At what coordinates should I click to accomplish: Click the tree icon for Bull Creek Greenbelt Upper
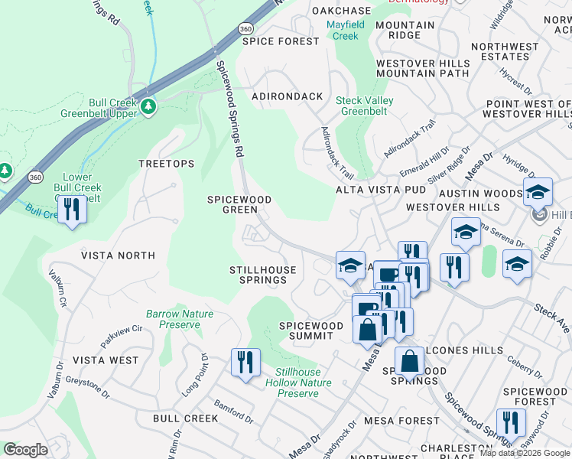coord(148,106)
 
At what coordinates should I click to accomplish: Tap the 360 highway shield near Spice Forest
coord(245,28)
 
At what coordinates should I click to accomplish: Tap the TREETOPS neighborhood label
coord(166,164)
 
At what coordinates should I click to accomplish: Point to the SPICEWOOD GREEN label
coord(239,204)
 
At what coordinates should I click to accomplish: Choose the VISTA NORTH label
coord(118,256)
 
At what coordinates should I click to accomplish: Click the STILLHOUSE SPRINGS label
coord(258,275)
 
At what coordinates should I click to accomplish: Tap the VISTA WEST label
coord(106,360)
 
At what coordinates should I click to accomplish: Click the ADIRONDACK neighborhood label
coord(288,96)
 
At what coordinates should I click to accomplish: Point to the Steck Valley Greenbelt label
coord(365,106)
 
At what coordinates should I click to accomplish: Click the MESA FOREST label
coord(402,421)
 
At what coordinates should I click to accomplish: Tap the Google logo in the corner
coord(25,450)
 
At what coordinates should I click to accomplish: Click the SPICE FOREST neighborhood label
coord(281,41)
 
